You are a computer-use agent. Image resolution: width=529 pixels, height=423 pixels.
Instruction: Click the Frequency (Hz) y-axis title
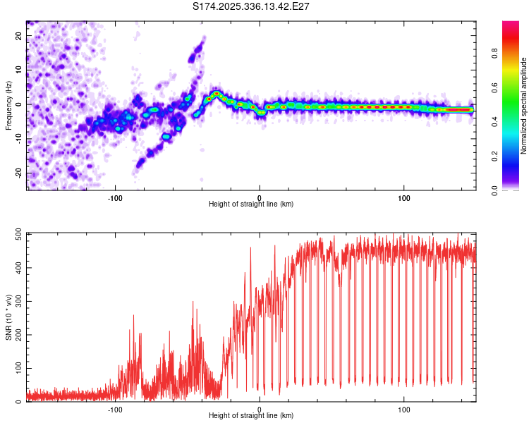pyautogui.click(x=8, y=104)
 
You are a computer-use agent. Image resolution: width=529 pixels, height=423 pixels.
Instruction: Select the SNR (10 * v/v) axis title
pyautogui.click(x=8, y=317)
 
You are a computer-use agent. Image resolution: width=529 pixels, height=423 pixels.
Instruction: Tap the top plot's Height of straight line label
pyautogui.click(x=251, y=204)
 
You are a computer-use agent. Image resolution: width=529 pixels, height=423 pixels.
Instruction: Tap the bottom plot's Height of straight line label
pyautogui.click(x=251, y=415)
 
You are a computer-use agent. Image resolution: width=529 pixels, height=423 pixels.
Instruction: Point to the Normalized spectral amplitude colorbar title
pyautogui.click(x=523, y=106)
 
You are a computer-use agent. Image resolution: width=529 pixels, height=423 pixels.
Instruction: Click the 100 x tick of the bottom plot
pyautogui.click(x=404, y=409)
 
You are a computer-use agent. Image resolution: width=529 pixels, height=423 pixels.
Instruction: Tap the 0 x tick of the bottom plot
pyautogui.click(x=260, y=409)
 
